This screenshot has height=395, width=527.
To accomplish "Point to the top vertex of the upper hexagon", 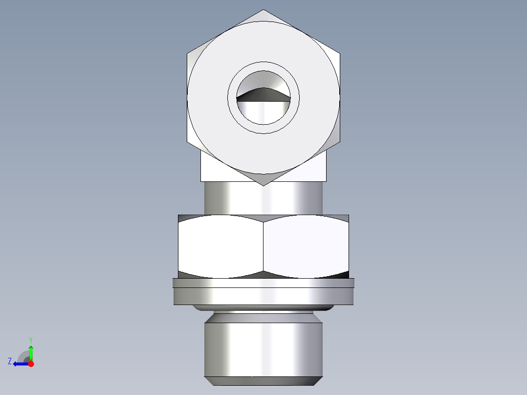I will pyautogui.click(x=263, y=10).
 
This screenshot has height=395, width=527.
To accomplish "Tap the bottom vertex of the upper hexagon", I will pyautogui.click(x=263, y=185).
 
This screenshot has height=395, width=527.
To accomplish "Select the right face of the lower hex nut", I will pyautogui.click(x=306, y=247).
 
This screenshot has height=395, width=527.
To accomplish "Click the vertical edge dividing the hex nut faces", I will pyautogui.click(x=263, y=247).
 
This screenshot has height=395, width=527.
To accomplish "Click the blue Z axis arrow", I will pyautogui.click(x=20, y=364).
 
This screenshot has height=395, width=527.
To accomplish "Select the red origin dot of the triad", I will pyautogui.click(x=31, y=364).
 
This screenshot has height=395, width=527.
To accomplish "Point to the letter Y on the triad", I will pyautogui.click(x=30, y=339).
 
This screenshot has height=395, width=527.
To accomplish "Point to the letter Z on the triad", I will pyautogui.click(x=10, y=361).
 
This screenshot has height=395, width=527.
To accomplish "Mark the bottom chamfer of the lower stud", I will pyautogui.click(x=263, y=381).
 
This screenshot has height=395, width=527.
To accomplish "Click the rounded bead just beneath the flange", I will pyautogui.click(x=263, y=308).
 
